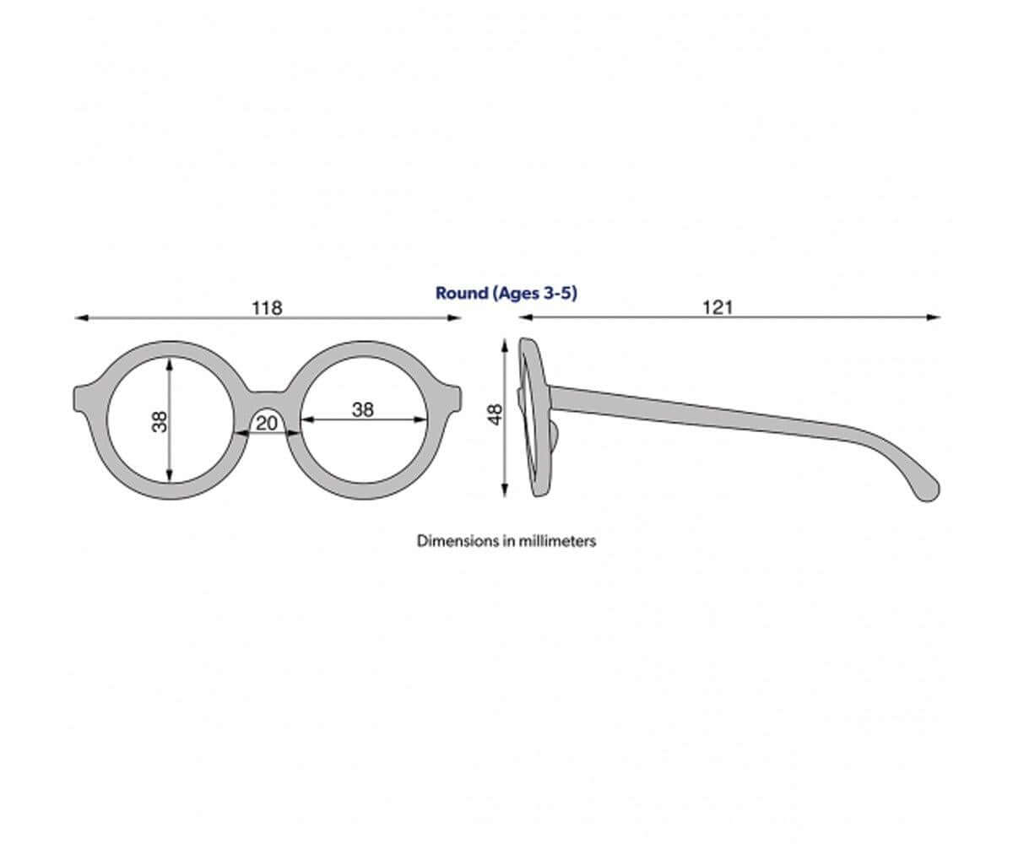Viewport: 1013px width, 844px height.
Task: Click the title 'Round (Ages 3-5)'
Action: pyautogui.click(x=506, y=293)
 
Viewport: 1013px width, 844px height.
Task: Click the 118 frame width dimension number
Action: pyautogui.click(x=267, y=308)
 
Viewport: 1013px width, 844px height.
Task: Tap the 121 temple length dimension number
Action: pyautogui.click(x=718, y=307)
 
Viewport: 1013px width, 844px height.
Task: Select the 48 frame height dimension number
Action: pyautogui.click(x=495, y=414)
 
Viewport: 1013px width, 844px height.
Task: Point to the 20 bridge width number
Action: pyautogui.click(x=267, y=424)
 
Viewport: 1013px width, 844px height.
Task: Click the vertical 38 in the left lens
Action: pyautogui.click(x=160, y=421)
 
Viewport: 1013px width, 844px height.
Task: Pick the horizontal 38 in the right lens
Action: pyautogui.click(x=363, y=410)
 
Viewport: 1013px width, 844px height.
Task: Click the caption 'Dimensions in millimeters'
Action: pyautogui.click(x=506, y=541)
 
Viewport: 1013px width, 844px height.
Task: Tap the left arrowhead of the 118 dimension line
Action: pyautogui.click(x=82, y=317)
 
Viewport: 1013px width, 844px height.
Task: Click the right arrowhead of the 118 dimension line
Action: pyautogui.click(x=454, y=317)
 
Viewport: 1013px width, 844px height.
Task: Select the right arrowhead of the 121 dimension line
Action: pyautogui.click(x=934, y=317)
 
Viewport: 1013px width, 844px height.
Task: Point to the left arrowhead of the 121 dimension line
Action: pyautogui.click(x=526, y=317)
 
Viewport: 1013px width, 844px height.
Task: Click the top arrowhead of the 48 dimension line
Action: pyautogui.click(x=505, y=345)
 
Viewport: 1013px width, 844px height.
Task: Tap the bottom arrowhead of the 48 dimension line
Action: pyautogui.click(x=505, y=490)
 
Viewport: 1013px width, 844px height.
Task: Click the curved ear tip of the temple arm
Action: pyautogui.click(x=928, y=490)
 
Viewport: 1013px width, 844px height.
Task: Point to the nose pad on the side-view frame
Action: pyautogui.click(x=554, y=433)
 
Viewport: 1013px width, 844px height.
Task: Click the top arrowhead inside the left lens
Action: pyautogui.click(x=170, y=364)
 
